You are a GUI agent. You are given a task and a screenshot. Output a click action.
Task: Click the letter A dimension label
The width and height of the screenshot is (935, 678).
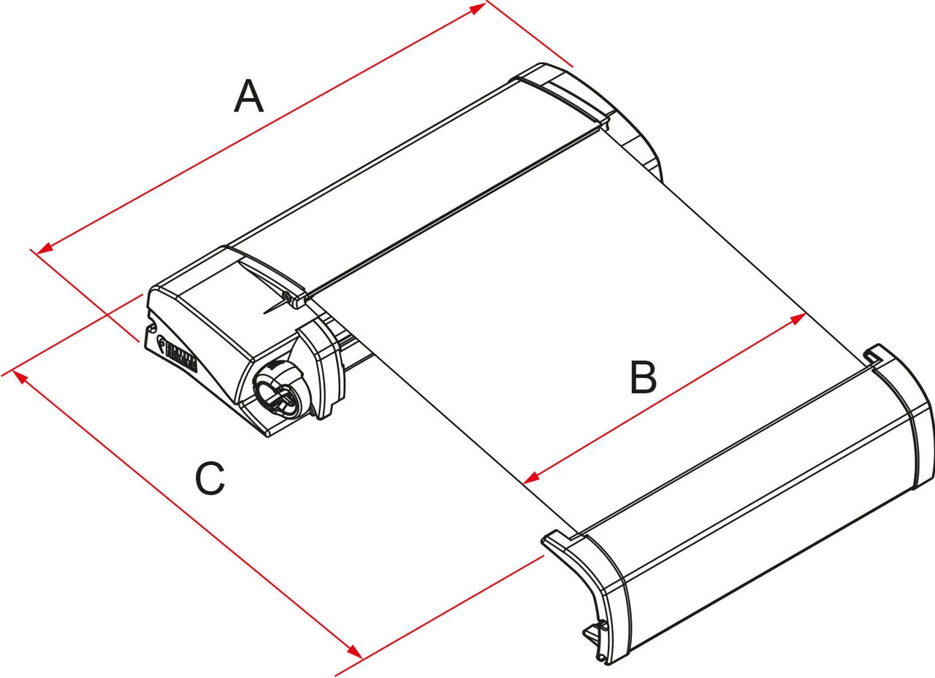pyautogui.click(x=248, y=97)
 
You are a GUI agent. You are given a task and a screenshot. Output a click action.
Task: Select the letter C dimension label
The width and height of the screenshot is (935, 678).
pyautogui.click(x=210, y=479)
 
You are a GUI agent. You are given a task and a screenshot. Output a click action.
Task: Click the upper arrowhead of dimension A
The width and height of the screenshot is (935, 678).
pyautogui.click(x=477, y=8)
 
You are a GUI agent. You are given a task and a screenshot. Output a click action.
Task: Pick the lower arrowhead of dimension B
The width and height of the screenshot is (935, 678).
pyautogui.click(x=532, y=477)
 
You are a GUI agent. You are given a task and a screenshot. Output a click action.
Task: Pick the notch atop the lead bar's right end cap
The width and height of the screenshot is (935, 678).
pyautogui.click(x=871, y=355)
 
